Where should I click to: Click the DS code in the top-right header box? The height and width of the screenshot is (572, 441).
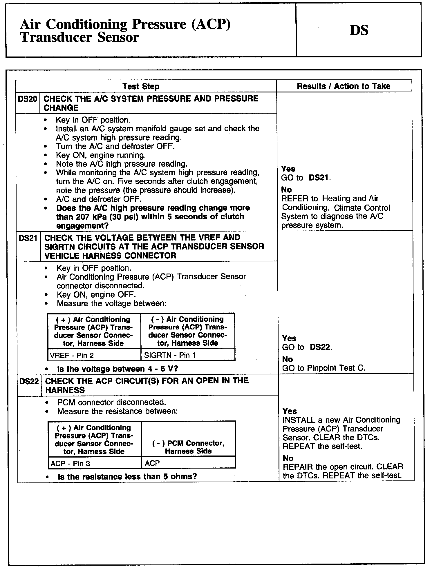[359, 30]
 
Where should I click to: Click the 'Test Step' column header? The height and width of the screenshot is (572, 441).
[141, 86]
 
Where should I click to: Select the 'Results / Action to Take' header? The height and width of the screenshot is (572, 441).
[344, 86]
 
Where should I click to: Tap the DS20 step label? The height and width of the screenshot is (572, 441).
[27, 99]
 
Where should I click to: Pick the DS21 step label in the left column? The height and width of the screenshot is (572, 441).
[28, 238]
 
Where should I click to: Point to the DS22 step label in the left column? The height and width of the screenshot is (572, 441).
[29, 381]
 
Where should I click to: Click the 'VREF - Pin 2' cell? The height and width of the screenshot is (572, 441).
[72, 356]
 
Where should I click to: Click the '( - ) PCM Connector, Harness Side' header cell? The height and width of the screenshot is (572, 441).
[188, 447]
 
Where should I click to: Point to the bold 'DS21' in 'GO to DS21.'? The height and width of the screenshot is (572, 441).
[319, 178]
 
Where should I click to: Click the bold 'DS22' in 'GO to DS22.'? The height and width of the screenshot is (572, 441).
[320, 347]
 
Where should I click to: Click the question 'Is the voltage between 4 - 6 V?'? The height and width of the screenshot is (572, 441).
[117, 369]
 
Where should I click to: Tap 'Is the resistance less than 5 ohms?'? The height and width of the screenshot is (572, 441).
[127, 477]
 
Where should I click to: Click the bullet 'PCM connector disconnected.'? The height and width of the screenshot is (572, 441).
[111, 402]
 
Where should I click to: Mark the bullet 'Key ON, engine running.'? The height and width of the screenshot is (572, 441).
[101, 155]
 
